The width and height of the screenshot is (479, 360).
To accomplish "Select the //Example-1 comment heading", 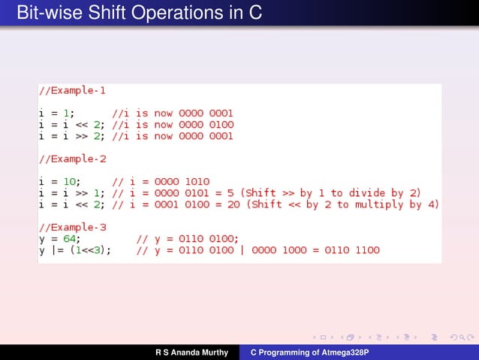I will (72, 91).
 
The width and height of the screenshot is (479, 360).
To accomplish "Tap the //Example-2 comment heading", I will (72, 159).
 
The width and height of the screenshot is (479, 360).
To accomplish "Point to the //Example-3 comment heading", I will (72, 227).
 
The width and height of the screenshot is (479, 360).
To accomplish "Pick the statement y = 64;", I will (60, 239).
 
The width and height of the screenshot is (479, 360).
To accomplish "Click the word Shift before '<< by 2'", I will (273, 204).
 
